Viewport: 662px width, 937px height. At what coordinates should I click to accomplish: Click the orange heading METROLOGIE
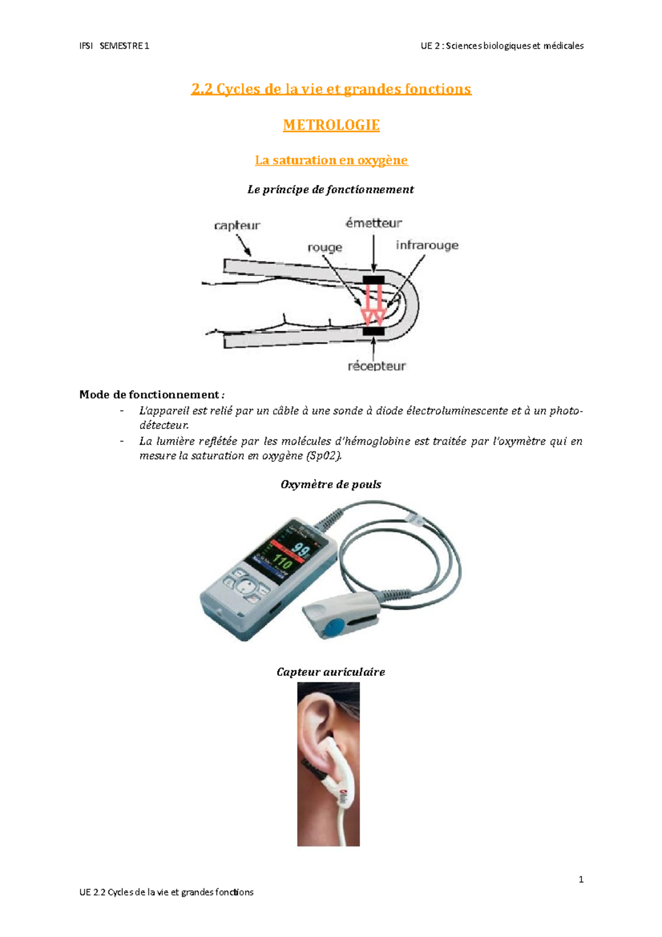click(331, 125)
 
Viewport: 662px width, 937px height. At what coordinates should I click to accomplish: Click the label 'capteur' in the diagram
click(237, 225)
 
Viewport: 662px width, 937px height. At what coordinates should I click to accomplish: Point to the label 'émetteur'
click(373, 223)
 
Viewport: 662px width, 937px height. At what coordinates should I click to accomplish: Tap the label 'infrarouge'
click(426, 245)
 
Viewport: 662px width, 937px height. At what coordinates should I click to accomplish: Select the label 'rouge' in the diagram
click(324, 248)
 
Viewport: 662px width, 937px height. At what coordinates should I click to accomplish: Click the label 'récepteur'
click(376, 366)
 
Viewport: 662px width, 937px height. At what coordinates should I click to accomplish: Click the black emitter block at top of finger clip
click(373, 280)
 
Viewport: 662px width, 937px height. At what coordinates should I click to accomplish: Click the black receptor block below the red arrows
click(373, 331)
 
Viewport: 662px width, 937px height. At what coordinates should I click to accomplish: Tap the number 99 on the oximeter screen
click(301, 550)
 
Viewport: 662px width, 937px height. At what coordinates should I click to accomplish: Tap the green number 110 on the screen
click(282, 563)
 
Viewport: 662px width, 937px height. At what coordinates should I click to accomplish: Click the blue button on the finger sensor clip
click(334, 627)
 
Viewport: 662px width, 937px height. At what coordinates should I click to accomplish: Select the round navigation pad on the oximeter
click(248, 585)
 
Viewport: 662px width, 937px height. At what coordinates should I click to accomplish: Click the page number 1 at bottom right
click(581, 880)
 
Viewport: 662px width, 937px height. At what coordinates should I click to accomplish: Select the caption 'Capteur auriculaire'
click(330, 672)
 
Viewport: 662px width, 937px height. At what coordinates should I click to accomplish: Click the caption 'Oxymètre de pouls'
click(330, 485)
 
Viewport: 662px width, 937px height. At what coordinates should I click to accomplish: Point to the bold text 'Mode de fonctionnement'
click(150, 395)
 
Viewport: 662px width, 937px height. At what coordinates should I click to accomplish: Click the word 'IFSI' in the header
click(86, 46)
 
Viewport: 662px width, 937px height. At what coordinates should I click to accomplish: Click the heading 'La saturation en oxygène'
click(331, 160)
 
